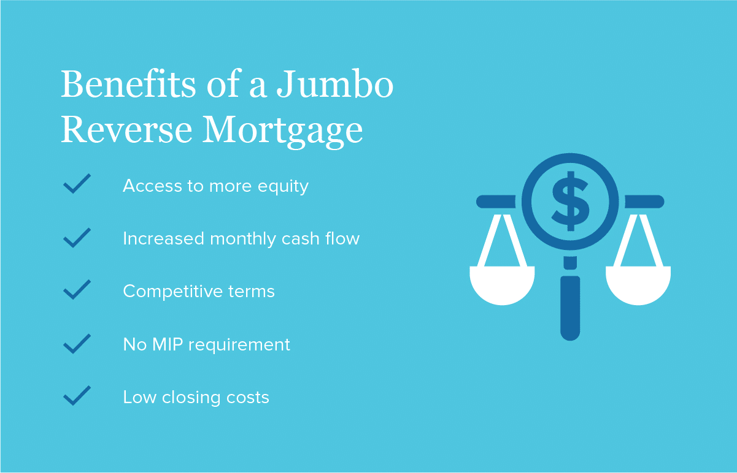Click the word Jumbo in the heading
[335, 84]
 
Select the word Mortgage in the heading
[282, 131]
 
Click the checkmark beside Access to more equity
[77, 184]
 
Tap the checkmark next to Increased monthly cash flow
[77, 238]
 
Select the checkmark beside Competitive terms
[77, 290]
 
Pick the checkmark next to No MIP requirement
[77, 344]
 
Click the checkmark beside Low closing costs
[77, 395]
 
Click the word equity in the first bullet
[284, 187]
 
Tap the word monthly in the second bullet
[243, 239]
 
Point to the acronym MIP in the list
[168, 344]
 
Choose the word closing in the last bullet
[191, 398]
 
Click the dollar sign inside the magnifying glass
[570, 201]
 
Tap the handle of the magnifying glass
[570, 308]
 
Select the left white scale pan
[502, 284]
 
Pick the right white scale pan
[638, 284]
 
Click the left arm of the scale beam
[496, 202]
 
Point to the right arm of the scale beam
[644, 202]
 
